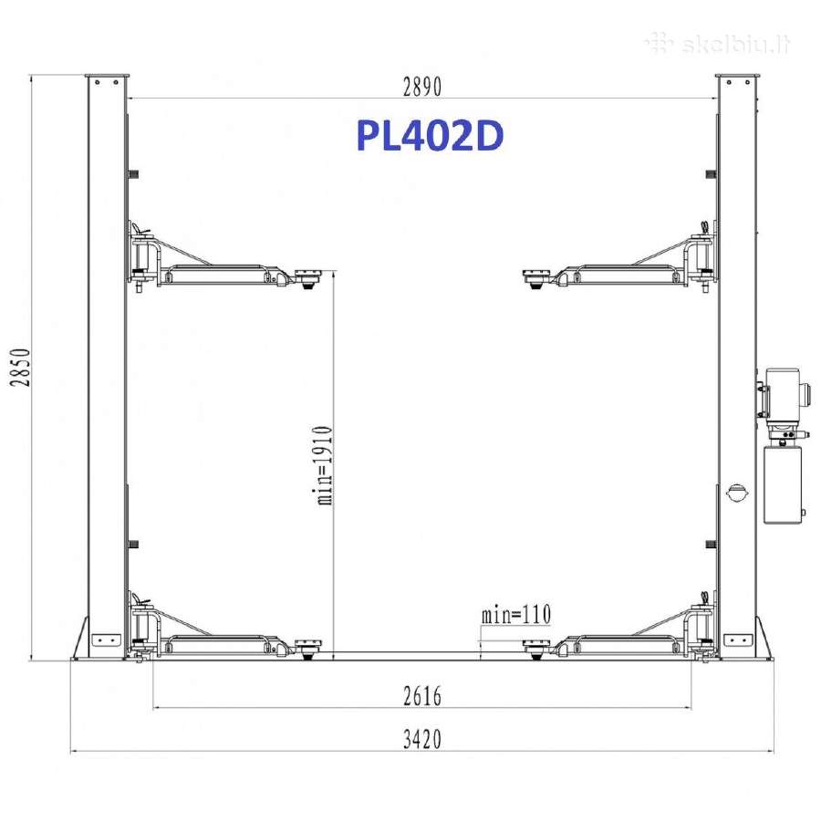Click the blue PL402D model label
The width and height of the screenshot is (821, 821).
click(x=430, y=136)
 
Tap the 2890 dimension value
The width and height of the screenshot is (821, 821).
click(x=422, y=87)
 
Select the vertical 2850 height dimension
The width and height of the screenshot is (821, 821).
click(x=20, y=367)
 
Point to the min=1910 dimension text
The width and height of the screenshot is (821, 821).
click(x=325, y=465)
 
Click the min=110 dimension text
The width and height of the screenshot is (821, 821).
click(x=516, y=614)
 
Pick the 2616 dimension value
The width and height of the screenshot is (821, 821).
click(x=422, y=696)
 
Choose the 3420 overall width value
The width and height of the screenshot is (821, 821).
click(x=422, y=739)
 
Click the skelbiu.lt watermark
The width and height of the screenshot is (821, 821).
click(x=718, y=44)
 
